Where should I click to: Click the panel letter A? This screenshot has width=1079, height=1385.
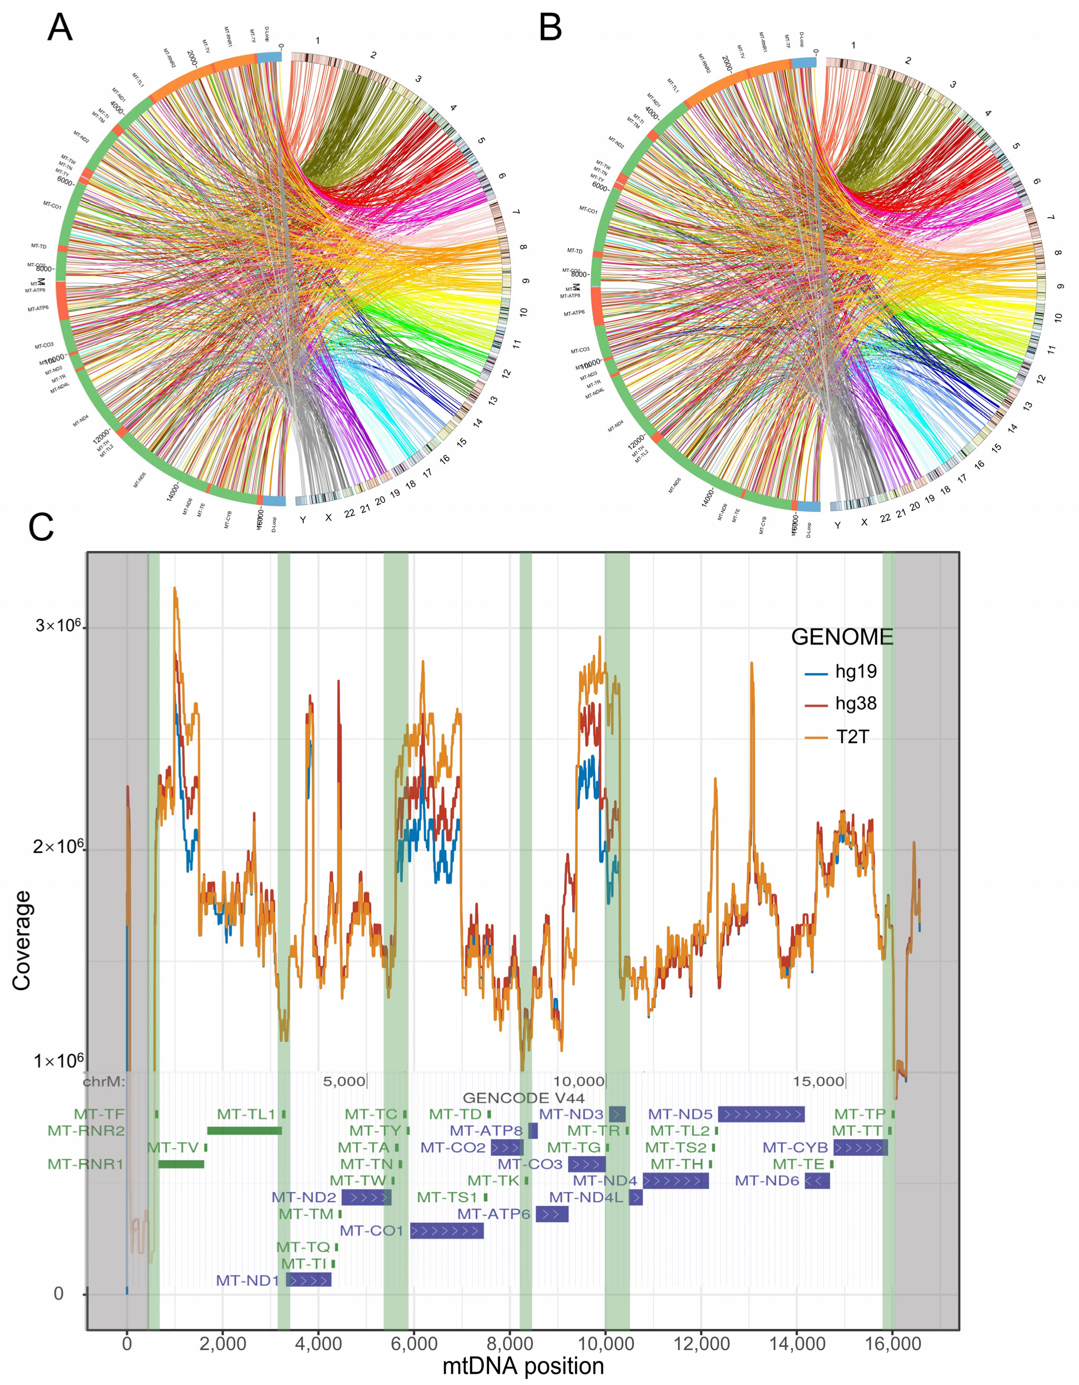pyautogui.click(x=60, y=28)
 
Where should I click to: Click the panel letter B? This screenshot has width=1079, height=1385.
pyautogui.click(x=551, y=28)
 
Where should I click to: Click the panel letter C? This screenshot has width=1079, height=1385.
pyautogui.click(x=41, y=528)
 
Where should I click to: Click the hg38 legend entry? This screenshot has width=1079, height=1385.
pyautogui.click(x=856, y=704)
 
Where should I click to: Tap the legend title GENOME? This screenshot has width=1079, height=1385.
pyautogui.click(x=842, y=637)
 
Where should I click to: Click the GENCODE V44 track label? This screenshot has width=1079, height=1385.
pyautogui.click(x=523, y=1098)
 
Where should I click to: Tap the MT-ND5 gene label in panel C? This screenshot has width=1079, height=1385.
pyautogui.click(x=681, y=1114)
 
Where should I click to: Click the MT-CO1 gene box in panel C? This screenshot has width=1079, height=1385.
pyautogui.click(x=447, y=1231)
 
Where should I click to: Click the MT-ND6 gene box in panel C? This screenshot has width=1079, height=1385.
pyautogui.click(x=817, y=1181)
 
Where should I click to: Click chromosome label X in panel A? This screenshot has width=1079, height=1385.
pyautogui.click(x=329, y=517)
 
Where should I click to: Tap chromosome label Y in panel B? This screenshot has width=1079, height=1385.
pyautogui.click(x=837, y=525)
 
